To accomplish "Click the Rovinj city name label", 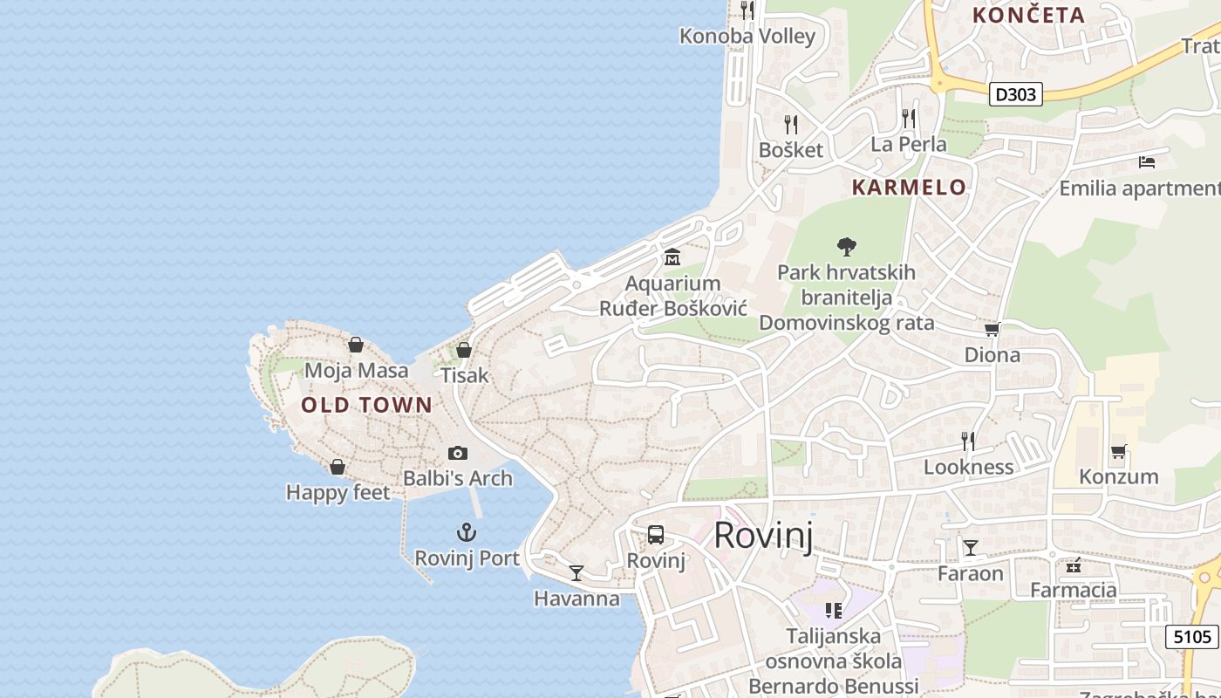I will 763,535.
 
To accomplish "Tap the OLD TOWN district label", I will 366,405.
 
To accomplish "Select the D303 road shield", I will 1016,94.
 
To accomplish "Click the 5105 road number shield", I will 1192,637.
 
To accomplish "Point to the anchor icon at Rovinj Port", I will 467,532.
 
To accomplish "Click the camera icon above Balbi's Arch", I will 458,453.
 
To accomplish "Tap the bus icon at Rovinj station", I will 656,535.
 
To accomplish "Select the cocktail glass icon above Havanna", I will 576,573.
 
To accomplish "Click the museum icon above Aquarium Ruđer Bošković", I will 672,257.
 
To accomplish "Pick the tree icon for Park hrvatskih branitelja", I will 846,246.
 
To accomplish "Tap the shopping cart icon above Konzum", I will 1119,451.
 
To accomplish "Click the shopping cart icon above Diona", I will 992,329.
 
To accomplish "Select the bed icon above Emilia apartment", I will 1147,162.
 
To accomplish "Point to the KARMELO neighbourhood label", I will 909,188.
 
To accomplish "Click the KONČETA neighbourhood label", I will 1028,15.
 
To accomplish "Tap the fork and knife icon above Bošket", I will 791,124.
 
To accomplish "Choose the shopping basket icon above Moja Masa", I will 356,345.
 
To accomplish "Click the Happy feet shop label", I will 338,493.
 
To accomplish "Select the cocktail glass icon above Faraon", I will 971,548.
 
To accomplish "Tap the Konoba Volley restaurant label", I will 747,37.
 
